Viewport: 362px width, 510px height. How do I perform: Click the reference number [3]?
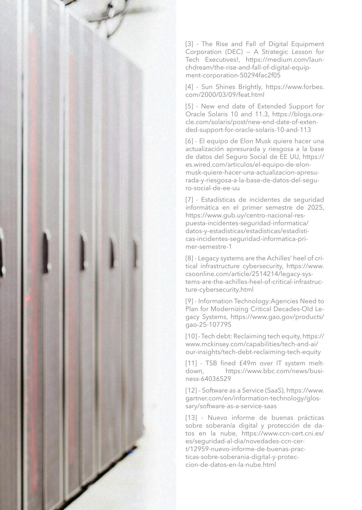(x=189, y=44)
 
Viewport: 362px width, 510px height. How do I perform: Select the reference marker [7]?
(x=189, y=200)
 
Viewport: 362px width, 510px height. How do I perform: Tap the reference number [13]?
(x=191, y=418)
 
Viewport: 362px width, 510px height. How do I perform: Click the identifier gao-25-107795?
(x=208, y=325)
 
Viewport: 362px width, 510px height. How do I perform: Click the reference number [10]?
(x=191, y=336)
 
